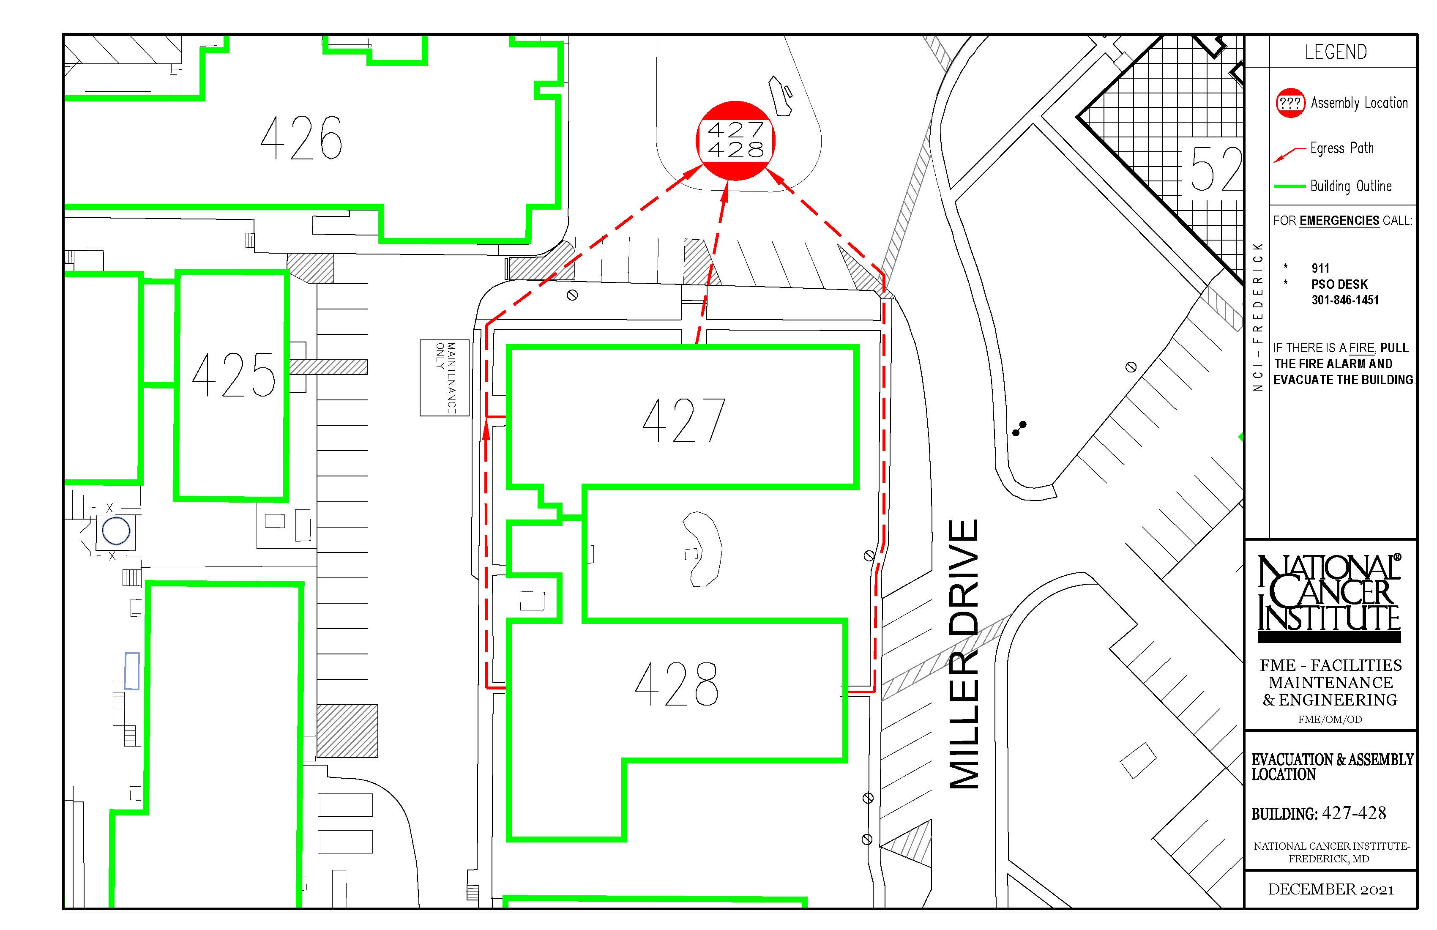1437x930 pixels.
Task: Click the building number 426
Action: click(301, 138)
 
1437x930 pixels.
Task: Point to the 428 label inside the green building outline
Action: click(677, 684)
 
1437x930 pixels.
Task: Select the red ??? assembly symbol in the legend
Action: click(1290, 103)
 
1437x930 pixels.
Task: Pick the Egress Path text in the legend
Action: click(1341, 148)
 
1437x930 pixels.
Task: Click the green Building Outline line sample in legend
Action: click(1289, 186)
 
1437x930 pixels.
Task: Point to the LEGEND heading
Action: click(1336, 52)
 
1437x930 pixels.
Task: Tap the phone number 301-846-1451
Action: click(1344, 300)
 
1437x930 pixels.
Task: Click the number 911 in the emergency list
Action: click(1320, 268)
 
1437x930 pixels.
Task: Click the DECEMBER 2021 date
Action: click(1331, 889)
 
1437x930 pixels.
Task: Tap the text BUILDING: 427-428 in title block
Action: click(1319, 813)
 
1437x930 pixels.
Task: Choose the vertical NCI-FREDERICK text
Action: click(1258, 317)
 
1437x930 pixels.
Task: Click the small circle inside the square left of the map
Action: click(116, 531)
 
